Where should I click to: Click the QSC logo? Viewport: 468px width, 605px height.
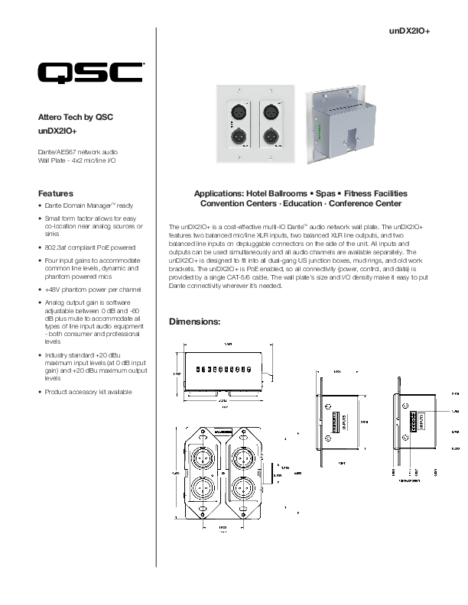91,73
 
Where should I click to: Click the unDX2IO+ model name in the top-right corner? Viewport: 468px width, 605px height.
410,31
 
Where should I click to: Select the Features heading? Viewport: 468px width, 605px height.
56,193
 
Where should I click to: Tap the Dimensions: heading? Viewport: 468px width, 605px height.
194,322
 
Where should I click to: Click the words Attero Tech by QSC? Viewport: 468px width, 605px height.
76,118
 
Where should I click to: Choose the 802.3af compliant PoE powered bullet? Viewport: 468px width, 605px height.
90,247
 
